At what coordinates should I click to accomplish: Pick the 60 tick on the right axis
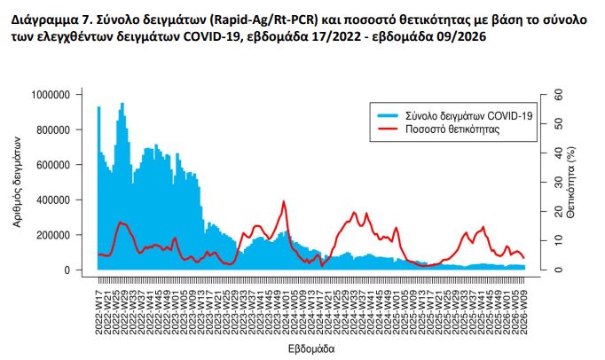557,94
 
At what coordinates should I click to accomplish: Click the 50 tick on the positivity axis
557,123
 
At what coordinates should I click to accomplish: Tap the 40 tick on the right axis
557,153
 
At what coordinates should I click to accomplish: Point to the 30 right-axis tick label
557,182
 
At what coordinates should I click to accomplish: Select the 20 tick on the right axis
557,211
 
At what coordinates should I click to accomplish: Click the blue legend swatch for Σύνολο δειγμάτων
388,115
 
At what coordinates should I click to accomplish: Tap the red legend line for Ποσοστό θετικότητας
388,129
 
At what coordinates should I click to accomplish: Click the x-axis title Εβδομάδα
310,349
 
